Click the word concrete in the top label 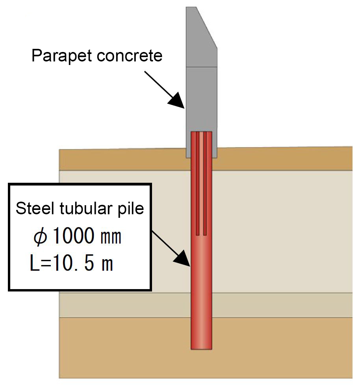[x=130, y=56]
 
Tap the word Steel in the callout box [x=35, y=208]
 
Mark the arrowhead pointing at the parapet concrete [x=177, y=101]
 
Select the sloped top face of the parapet [x=206, y=27]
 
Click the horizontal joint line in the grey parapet [x=201, y=67]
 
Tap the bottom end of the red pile [x=201, y=349]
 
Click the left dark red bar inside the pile [x=197, y=184]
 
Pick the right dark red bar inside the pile [x=205, y=184]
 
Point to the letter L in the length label [x=34, y=263]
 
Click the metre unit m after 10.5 [x=108, y=265]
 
